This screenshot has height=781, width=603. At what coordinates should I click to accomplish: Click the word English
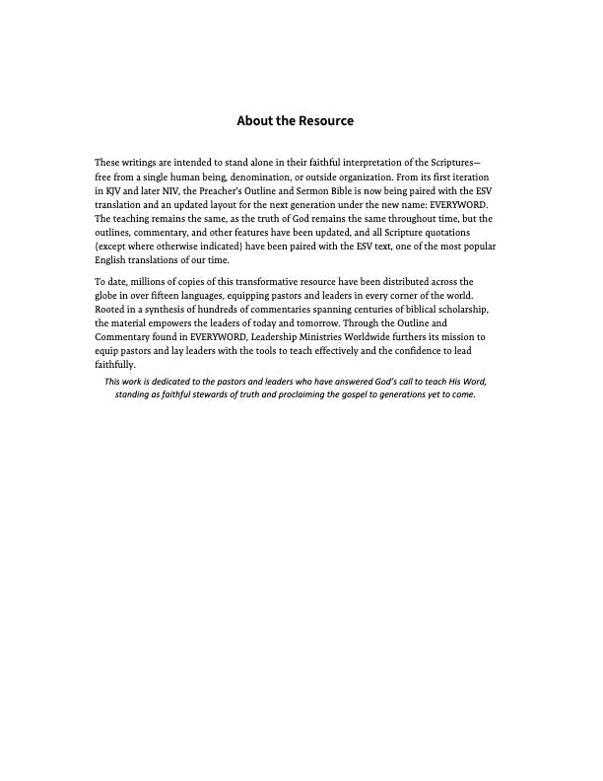click(x=110, y=260)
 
